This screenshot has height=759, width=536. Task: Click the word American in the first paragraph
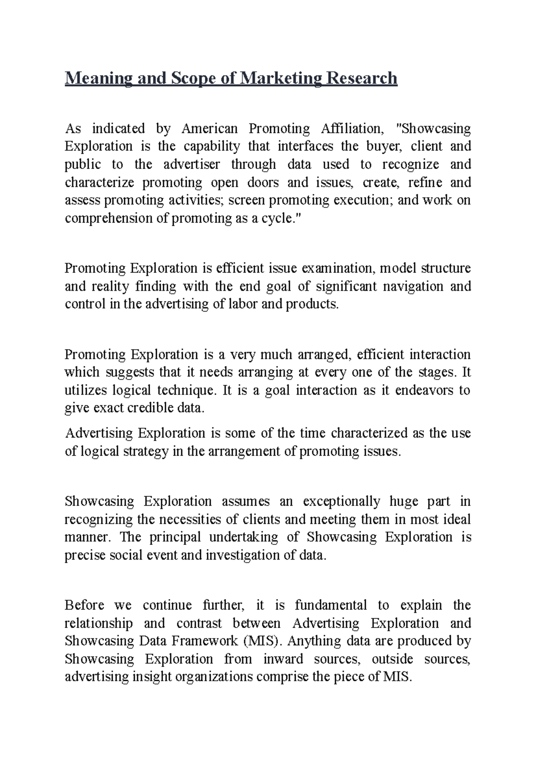click(209, 129)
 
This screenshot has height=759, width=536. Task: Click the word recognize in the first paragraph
click(410, 164)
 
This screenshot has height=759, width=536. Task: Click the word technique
click(186, 391)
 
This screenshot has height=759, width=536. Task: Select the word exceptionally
click(341, 502)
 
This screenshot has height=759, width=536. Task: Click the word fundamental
click(331, 606)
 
